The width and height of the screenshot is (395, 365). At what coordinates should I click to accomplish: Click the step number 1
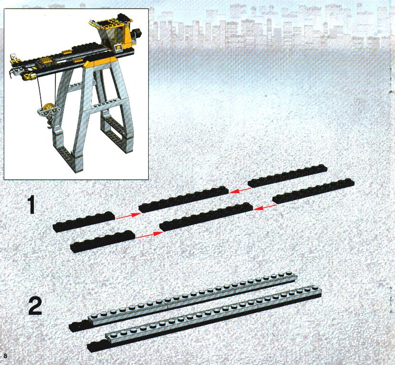(x=31, y=205)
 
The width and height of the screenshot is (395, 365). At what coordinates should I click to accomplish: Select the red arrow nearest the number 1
(x=128, y=216)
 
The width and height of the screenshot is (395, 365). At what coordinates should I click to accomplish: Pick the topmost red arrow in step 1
(x=240, y=191)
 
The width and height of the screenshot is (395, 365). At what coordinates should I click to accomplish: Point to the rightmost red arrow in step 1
(x=265, y=207)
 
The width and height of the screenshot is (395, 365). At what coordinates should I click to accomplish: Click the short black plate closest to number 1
(x=84, y=221)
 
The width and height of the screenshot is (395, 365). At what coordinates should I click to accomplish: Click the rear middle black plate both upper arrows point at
(x=184, y=199)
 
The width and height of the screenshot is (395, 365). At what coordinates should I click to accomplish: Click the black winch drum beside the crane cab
(x=137, y=34)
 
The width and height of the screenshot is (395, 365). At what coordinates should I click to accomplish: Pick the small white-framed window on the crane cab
(x=119, y=46)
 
